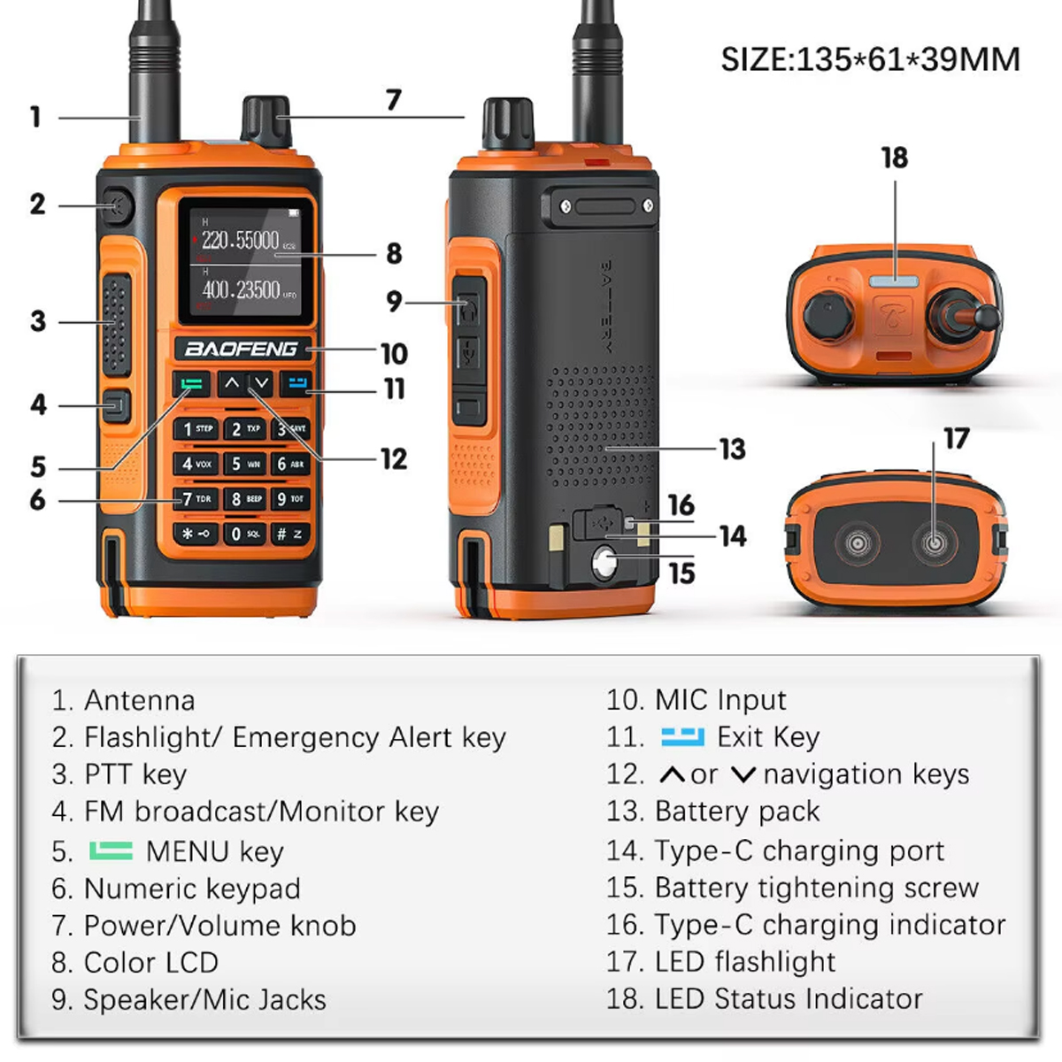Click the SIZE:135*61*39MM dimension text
pyautogui.click(x=870, y=59)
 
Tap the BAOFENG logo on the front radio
pyautogui.click(x=241, y=349)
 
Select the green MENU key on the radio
pyautogui.click(x=191, y=384)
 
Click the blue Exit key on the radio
pyautogui.click(x=296, y=384)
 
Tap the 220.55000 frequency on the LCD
pyautogui.click(x=240, y=240)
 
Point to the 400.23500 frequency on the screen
pyautogui.click(x=242, y=289)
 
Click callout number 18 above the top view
pyautogui.click(x=894, y=158)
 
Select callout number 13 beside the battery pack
pyautogui.click(x=732, y=450)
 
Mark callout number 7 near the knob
pyautogui.click(x=394, y=100)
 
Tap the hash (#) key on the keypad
pyautogui.click(x=289, y=534)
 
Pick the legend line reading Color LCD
pyautogui.click(x=150, y=962)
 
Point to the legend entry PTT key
pyautogui.click(x=135, y=774)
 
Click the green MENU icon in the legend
pyautogui.click(x=111, y=851)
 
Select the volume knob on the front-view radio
pyautogui.click(x=265, y=120)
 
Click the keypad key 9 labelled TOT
pyautogui.click(x=289, y=499)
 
